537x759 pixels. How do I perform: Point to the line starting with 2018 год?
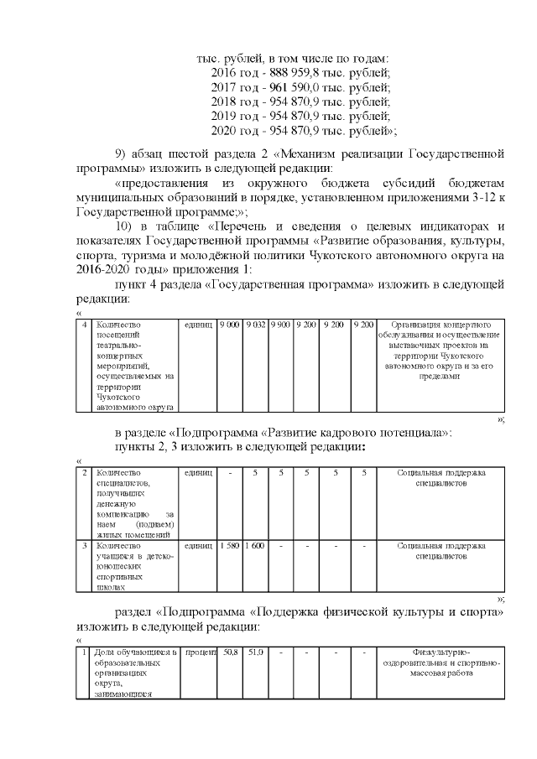[x=300, y=101]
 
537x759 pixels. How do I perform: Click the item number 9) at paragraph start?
[x=123, y=153]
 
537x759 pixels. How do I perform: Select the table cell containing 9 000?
[x=228, y=325]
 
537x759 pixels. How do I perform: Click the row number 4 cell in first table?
[x=83, y=325]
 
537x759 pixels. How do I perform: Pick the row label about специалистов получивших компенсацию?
[x=134, y=503]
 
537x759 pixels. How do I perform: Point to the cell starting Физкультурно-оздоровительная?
[x=440, y=662]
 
